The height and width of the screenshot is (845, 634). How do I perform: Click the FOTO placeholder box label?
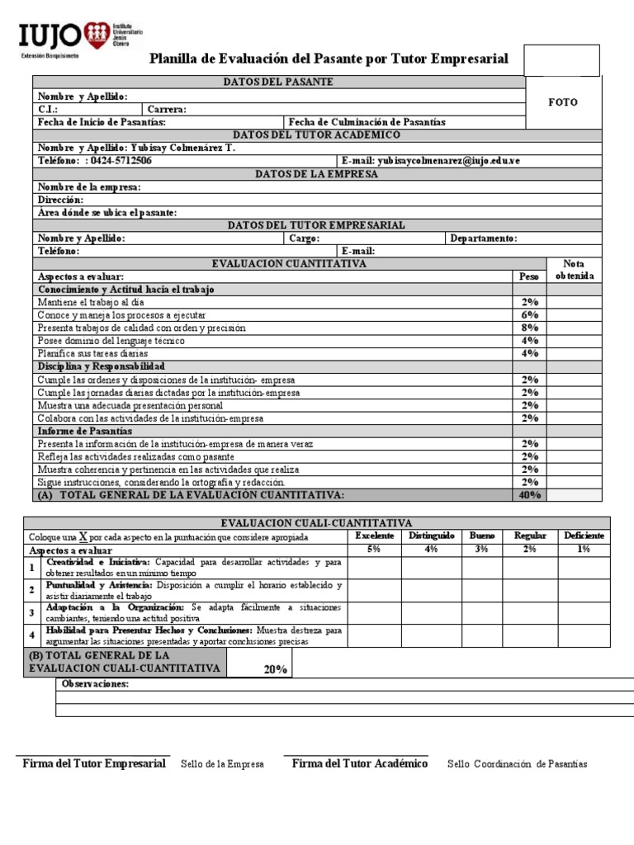pyautogui.click(x=563, y=102)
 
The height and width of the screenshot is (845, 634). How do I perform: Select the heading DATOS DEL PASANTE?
pyautogui.click(x=278, y=83)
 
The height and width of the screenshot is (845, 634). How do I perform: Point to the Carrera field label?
pyautogui.click(x=167, y=109)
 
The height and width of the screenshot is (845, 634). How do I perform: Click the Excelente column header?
pyautogui.click(x=375, y=536)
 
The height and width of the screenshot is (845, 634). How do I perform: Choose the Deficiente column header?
pyautogui.click(x=584, y=536)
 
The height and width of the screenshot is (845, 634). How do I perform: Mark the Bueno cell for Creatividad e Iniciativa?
pyautogui.click(x=482, y=568)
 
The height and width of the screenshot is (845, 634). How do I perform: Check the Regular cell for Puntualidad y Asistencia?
pyautogui.click(x=530, y=590)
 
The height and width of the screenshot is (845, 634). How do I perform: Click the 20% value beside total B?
pyautogui.click(x=275, y=669)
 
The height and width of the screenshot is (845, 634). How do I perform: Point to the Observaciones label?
pyautogui.click(x=96, y=684)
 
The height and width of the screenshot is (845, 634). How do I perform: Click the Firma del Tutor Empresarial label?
pyautogui.click(x=93, y=764)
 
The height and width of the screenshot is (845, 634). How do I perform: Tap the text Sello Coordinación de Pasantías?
pyautogui.click(x=517, y=764)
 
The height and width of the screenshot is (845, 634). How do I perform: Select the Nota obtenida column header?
pyautogui.click(x=573, y=270)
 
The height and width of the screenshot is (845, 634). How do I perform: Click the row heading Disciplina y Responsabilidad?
pyautogui.click(x=102, y=366)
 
